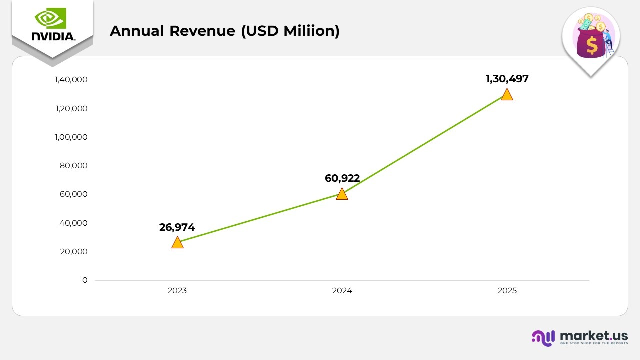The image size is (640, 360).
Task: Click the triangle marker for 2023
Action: pyautogui.click(x=177, y=243)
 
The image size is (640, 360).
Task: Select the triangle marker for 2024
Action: pyautogui.click(x=342, y=194)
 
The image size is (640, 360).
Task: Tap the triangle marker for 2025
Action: pyautogui.click(x=507, y=95)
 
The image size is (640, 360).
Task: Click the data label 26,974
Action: pyautogui.click(x=177, y=227)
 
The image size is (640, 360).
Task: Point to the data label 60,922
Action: pyautogui.click(x=342, y=178)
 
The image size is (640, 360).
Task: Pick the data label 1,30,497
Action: pyautogui.click(x=507, y=79)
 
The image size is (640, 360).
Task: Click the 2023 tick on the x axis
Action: pyautogui.click(x=177, y=291)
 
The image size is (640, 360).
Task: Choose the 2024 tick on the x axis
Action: pyautogui.click(x=342, y=291)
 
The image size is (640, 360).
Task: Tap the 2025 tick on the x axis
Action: pyautogui.click(x=507, y=291)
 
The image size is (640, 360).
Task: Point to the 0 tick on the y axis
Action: pyautogui.click(x=85, y=280)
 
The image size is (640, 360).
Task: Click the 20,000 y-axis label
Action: pyautogui.click(x=74, y=252)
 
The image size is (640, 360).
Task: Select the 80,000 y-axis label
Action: pyautogui.click(x=74, y=166)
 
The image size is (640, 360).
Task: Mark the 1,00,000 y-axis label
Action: pyautogui.click(x=71, y=137)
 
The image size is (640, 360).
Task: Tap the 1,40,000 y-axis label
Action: pyautogui.click(x=71, y=80)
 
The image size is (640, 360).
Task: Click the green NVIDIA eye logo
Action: pyautogui.click(x=50, y=19)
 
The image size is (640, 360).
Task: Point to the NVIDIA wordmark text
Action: pyautogui.click(x=53, y=36)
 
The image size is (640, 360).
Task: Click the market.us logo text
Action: pyautogui.click(x=594, y=335)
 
